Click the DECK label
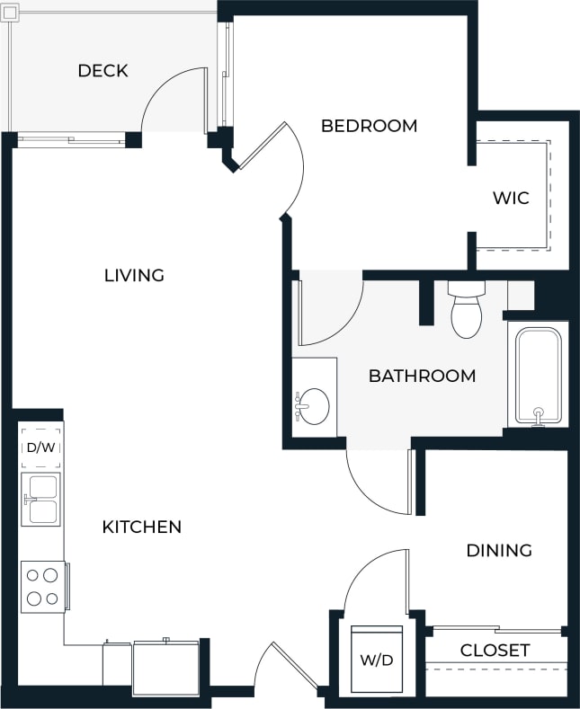click(103, 71)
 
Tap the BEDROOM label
click(369, 126)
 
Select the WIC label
click(511, 199)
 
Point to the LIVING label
click(134, 275)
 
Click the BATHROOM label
click(422, 376)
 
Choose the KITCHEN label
click(142, 527)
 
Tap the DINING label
click(499, 550)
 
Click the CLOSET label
click(495, 650)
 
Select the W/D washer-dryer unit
click(377, 660)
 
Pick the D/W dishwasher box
click(40, 448)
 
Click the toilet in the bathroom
click(466, 310)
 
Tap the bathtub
click(538, 376)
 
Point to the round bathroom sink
click(313, 406)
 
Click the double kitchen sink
click(41, 500)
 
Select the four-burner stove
click(42, 587)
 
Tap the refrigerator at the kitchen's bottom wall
click(165, 669)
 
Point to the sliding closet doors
click(497, 630)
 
